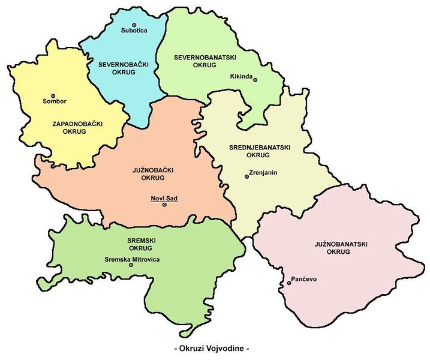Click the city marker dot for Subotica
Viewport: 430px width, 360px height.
[133, 24]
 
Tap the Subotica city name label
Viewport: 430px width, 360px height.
[133, 31]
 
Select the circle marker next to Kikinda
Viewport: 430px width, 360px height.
[255, 80]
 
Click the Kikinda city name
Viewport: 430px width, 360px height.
[241, 76]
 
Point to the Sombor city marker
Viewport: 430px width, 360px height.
[53, 95]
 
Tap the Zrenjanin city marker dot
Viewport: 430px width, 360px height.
[246, 176]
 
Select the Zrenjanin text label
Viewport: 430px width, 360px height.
[262, 173]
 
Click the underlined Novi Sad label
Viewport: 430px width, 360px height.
[164, 198]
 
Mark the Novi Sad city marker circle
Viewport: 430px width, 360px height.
[164, 205]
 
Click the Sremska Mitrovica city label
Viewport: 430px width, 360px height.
[132, 259]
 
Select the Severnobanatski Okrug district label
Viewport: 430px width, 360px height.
[205, 62]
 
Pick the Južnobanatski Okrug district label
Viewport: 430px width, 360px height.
[341, 248]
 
